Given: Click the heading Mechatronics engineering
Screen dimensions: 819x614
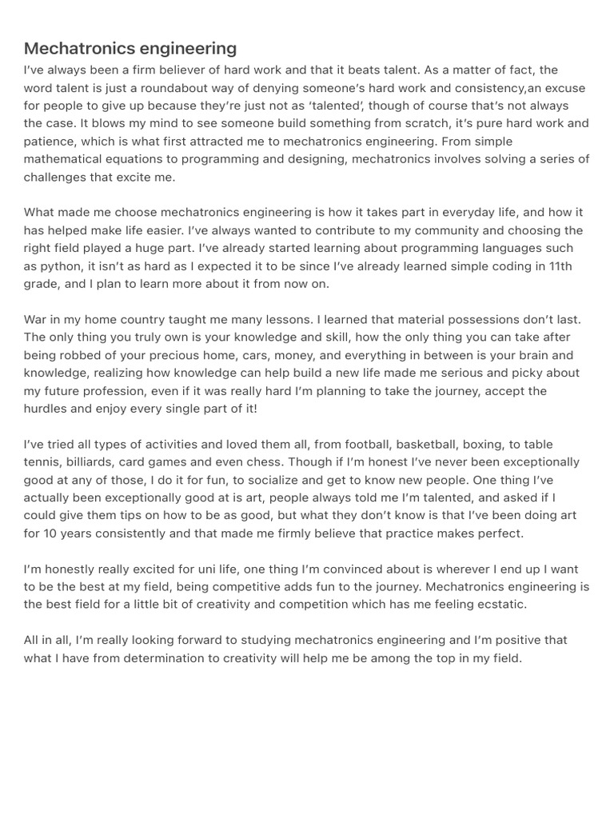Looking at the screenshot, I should point(130,49).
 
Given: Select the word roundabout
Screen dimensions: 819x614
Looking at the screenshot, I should point(179,88).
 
